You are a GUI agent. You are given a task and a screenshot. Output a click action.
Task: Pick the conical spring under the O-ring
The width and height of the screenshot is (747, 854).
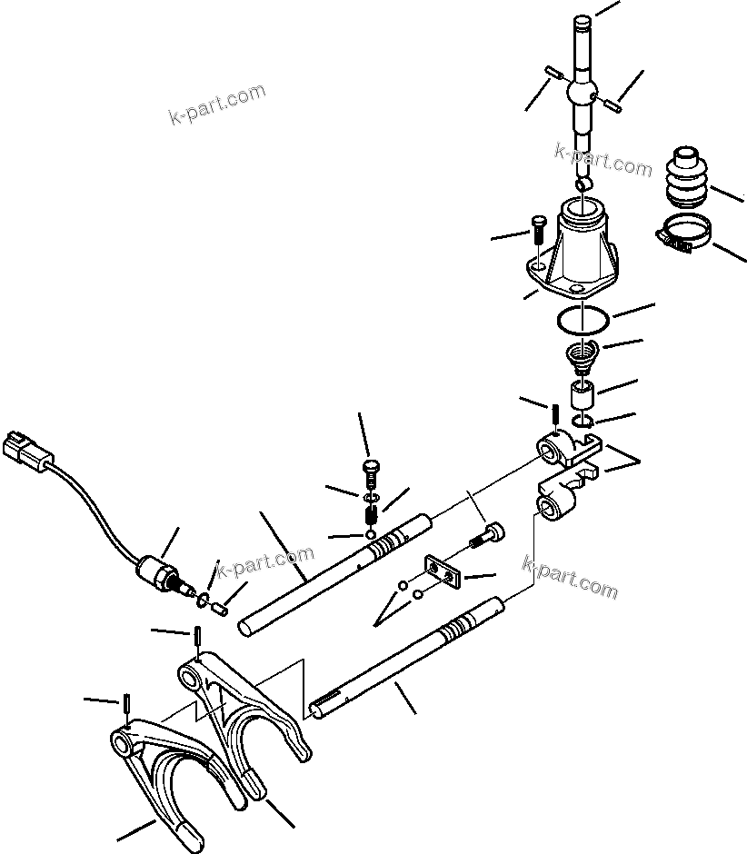point(579,352)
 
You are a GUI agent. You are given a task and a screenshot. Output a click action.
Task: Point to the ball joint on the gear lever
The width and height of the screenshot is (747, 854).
point(581,93)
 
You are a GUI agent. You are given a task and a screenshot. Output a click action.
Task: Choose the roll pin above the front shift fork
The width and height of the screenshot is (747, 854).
point(127,705)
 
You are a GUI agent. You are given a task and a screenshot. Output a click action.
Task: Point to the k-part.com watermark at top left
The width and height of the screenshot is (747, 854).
point(217,104)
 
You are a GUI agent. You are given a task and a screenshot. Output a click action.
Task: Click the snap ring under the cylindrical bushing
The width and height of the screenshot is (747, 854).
point(583,420)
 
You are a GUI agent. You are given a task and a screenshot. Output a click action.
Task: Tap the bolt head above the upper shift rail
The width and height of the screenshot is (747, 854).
point(369,470)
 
